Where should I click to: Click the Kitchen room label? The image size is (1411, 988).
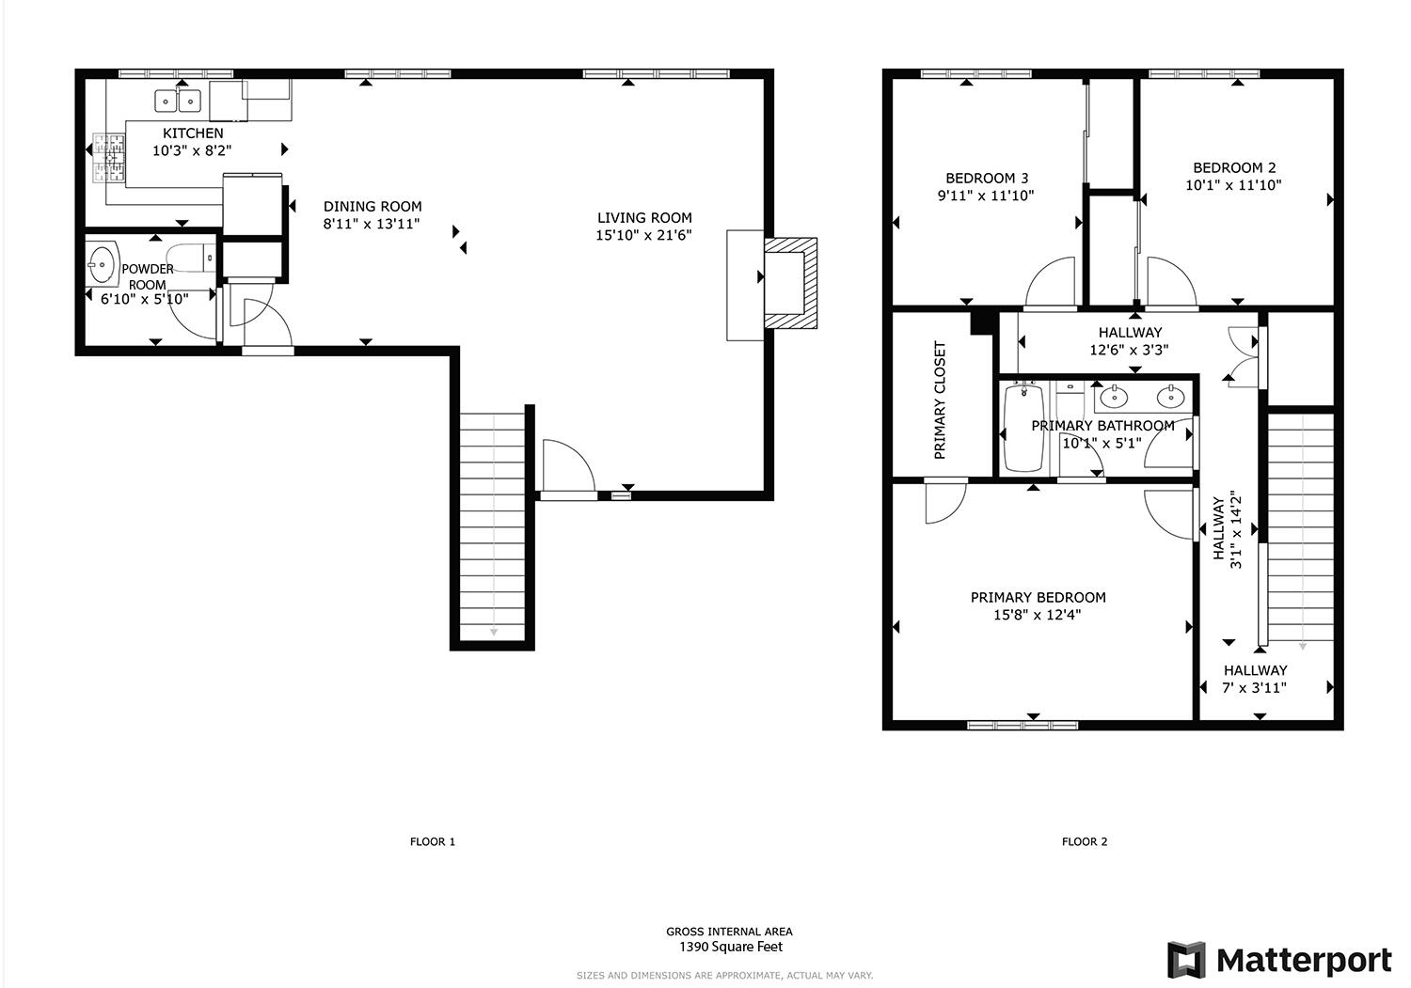coord(193,133)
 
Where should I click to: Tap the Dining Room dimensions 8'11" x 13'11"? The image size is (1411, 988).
coord(372,224)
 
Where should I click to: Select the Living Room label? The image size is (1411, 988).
coord(644,218)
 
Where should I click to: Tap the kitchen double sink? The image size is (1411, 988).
coord(178,100)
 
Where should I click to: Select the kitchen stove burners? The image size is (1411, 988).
coord(107,158)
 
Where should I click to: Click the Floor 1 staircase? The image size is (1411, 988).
coord(492,526)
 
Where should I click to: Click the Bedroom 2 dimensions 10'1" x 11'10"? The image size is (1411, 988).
coord(1232,186)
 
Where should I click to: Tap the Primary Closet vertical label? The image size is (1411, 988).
coord(940,400)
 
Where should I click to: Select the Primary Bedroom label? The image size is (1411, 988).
coord(1038,597)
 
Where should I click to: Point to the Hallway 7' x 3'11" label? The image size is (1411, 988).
coord(1255,679)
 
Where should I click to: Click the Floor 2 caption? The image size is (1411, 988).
coord(1084,841)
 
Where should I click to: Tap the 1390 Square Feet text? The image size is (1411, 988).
coord(730,947)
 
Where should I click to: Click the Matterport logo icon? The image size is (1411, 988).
coord(1186,960)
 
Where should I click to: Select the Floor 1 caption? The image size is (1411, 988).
coord(432,841)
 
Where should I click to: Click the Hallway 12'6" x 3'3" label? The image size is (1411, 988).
coord(1129,340)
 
